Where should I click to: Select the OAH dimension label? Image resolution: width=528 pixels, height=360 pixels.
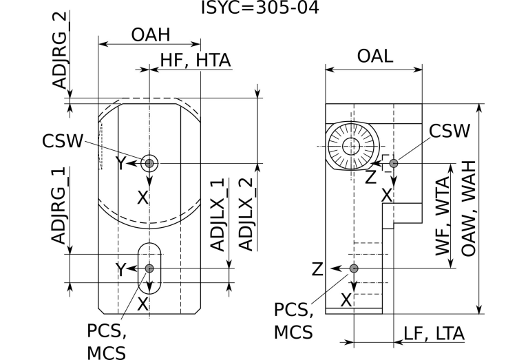[x=150, y=34]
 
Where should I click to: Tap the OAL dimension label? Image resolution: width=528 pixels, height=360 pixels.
[x=374, y=57]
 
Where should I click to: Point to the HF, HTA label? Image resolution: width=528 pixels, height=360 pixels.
[x=195, y=61]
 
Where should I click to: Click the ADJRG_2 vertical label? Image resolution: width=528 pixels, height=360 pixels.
[x=61, y=52]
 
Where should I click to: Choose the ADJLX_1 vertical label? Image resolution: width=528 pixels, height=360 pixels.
[x=218, y=215]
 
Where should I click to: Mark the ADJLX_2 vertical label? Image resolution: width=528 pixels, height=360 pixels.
[x=244, y=215]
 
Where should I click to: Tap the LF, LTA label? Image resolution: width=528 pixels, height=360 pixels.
[x=434, y=334]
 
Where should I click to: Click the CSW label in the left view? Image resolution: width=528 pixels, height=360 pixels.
[x=63, y=141]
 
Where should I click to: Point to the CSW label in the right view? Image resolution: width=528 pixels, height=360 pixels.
[x=450, y=131]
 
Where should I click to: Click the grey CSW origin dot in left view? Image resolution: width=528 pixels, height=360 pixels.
[x=149, y=163]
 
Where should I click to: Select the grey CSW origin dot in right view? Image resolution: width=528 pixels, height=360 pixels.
[x=394, y=163]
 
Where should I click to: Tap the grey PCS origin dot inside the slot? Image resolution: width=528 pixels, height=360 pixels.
[x=149, y=268]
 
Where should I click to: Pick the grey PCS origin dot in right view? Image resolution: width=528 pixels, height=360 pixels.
[x=354, y=268]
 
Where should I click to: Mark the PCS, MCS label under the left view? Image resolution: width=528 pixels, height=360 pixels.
[x=106, y=341]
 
